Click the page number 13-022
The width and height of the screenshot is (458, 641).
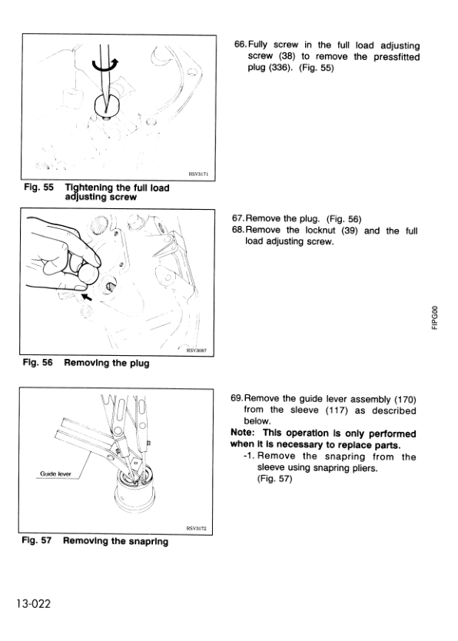[x=31, y=604]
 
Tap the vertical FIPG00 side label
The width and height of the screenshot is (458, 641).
[x=435, y=317]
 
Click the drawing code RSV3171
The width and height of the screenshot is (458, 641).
[x=199, y=174]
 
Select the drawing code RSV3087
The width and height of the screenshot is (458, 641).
[x=199, y=349]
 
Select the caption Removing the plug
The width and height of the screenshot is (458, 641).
[x=107, y=363]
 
